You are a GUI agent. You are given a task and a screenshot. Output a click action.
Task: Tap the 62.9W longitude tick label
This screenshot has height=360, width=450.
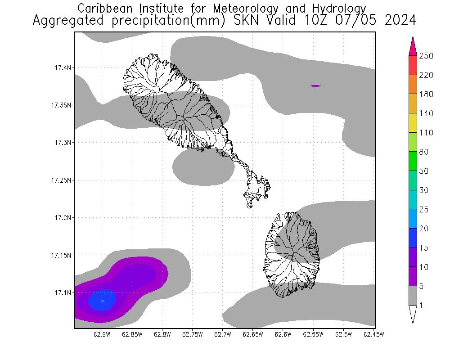[x=102, y=334]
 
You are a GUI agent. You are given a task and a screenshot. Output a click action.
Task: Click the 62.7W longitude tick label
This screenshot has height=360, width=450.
[x=223, y=334]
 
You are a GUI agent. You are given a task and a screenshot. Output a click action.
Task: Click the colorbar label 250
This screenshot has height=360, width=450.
[x=426, y=56]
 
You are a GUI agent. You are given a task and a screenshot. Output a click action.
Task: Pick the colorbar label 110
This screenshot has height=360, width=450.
[x=426, y=133]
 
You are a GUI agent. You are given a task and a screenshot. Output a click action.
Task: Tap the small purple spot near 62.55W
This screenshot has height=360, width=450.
[x=316, y=85]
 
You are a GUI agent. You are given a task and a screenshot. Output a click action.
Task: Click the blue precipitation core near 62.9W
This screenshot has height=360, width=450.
[x=102, y=300]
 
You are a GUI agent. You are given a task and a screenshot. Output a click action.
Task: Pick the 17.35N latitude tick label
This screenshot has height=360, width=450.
[x=62, y=105]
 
